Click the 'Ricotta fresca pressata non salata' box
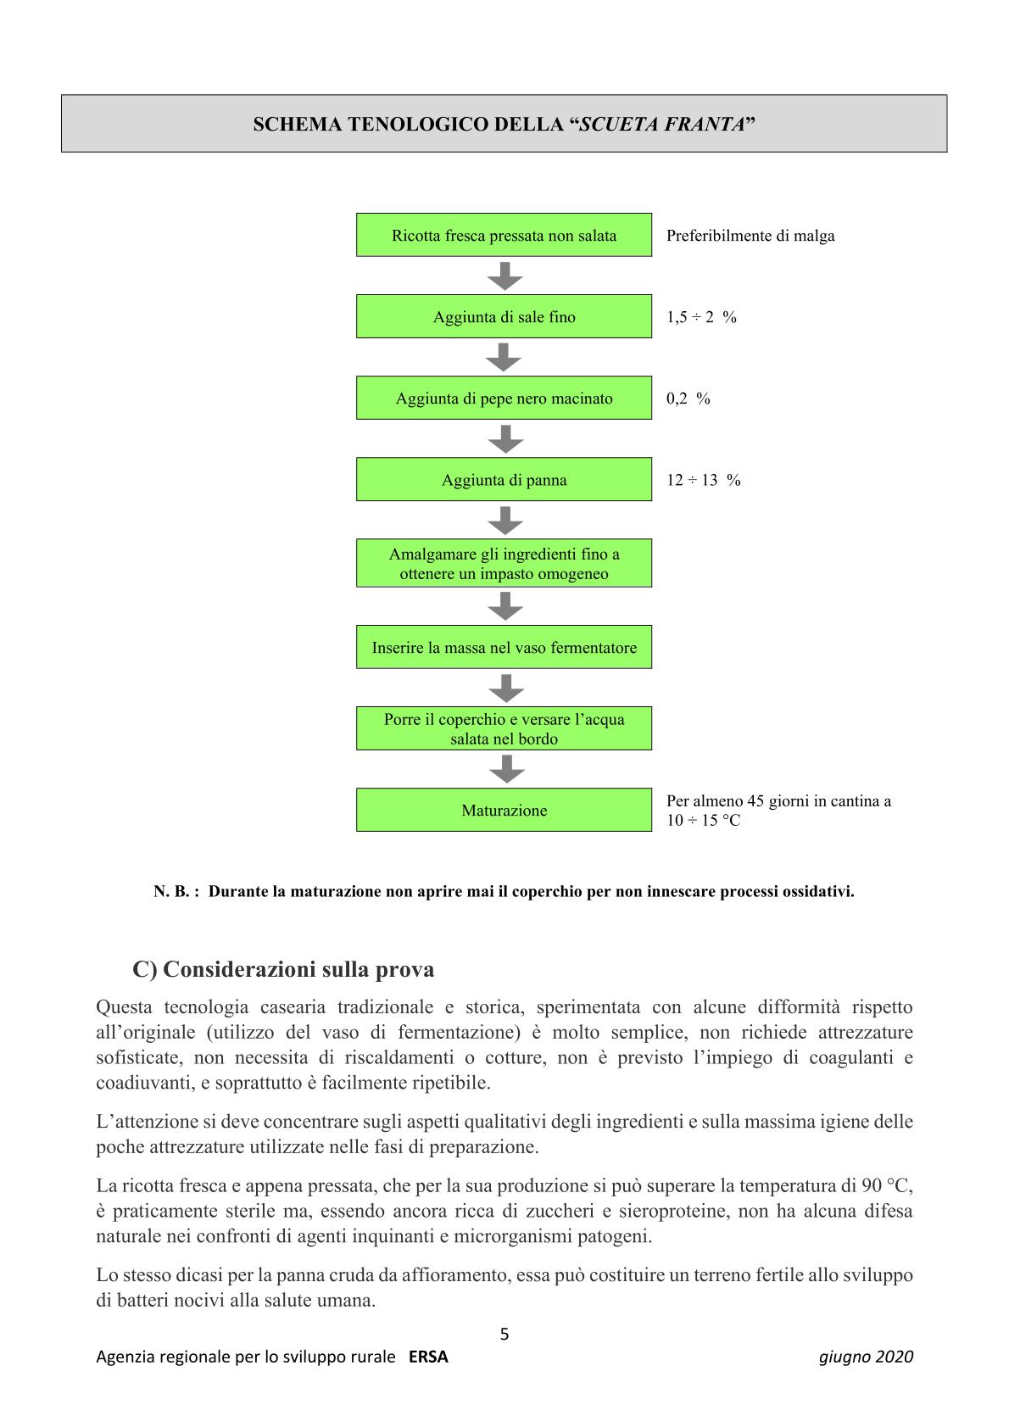pos(504,235)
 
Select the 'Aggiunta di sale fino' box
pos(504,316)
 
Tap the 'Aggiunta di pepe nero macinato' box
pos(504,398)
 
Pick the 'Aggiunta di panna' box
pos(504,480)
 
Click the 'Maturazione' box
pos(504,810)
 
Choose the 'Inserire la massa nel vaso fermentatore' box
pos(504,648)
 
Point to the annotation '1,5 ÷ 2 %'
pos(701,317)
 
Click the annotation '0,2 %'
pos(688,399)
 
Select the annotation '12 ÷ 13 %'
pos(703,480)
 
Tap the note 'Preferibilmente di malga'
pos(750,236)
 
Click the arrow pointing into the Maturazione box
pos(506,769)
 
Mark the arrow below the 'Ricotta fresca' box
pos(504,276)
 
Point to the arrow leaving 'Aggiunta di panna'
pos(505,520)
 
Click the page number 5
pos(504,1334)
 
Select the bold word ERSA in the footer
pos(428,1357)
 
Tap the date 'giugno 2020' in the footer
pos(866,1357)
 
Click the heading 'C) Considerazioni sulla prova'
pos(283,969)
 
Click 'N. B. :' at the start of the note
pos(176,892)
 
